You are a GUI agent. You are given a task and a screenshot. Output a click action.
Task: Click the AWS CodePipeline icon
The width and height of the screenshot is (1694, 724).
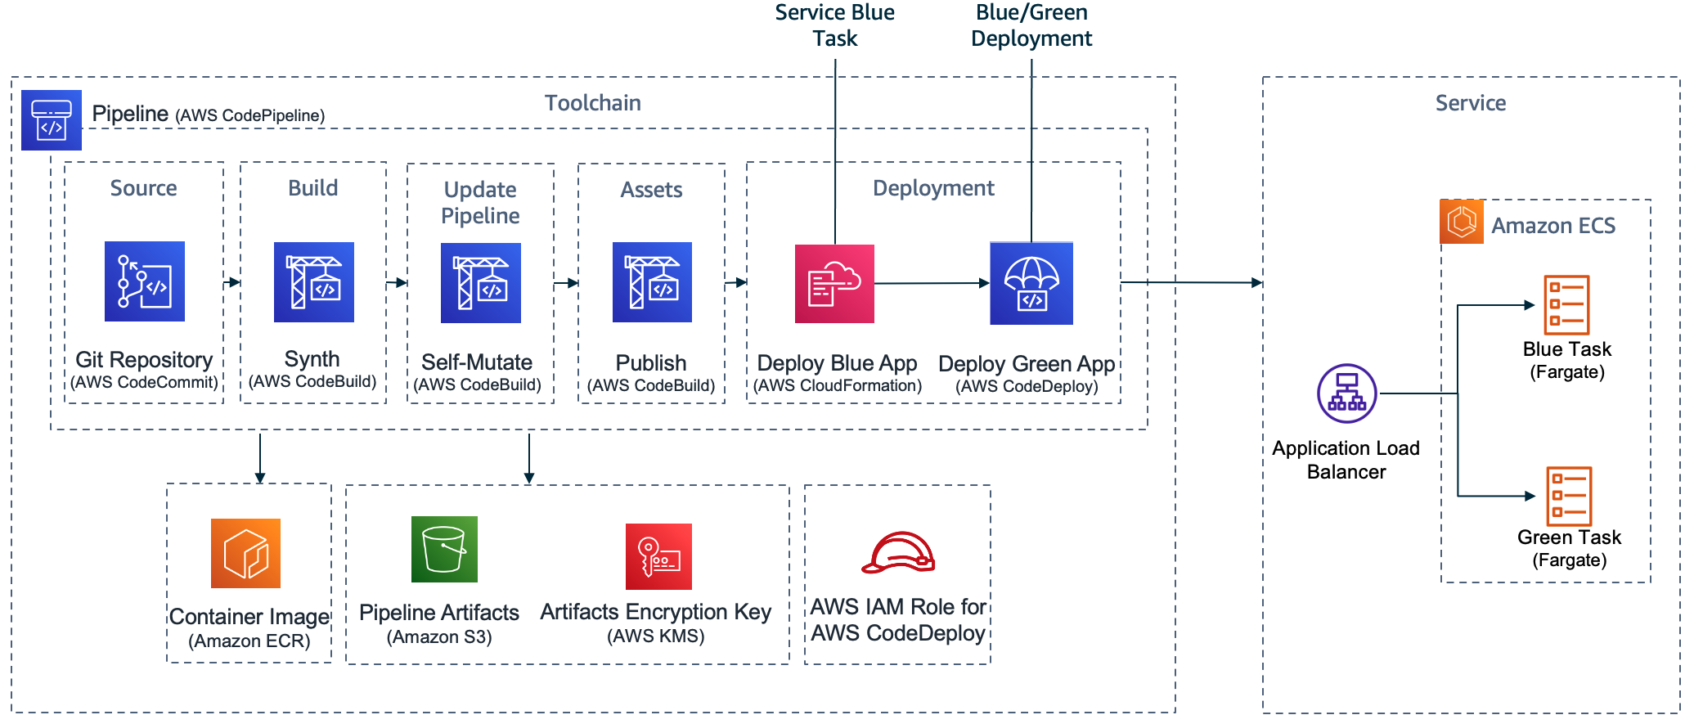pyautogui.click(x=51, y=120)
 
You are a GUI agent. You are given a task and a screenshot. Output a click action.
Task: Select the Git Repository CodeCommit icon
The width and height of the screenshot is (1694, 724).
pyautogui.click(x=145, y=281)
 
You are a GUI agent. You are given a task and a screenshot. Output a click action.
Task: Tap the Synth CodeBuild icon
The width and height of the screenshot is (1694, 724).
pyautogui.click(x=314, y=282)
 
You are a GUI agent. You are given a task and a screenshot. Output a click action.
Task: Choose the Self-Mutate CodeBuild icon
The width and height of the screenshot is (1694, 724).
pyautogui.click(x=481, y=283)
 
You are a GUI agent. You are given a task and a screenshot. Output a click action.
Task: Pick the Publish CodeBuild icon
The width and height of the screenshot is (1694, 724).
pyautogui.click(x=652, y=282)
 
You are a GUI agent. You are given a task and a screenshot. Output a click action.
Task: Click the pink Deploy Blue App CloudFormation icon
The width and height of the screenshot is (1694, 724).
pyautogui.click(x=834, y=284)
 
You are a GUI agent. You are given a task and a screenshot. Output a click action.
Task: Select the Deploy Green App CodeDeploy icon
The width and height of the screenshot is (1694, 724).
pyautogui.click(x=1031, y=284)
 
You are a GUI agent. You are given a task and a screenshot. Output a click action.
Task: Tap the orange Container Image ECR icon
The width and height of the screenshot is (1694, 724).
pyautogui.click(x=245, y=553)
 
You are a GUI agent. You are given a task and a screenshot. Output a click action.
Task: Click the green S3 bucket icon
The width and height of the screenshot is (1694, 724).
pyautogui.click(x=444, y=549)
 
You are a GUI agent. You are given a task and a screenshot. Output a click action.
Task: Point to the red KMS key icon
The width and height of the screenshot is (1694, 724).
pyautogui.click(x=658, y=556)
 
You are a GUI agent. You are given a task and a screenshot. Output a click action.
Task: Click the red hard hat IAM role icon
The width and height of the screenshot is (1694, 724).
pyautogui.click(x=898, y=553)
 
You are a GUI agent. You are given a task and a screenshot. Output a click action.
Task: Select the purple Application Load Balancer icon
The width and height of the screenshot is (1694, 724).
pyautogui.click(x=1346, y=393)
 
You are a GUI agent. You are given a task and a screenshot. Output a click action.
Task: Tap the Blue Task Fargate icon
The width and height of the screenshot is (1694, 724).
pyautogui.click(x=1566, y=304)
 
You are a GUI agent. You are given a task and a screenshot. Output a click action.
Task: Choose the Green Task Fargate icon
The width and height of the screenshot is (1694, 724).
pyautogui.click(x=1569, y=496)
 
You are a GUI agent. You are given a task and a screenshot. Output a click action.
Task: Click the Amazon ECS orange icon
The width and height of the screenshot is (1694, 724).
pyautogui.click(x=1462, y=222)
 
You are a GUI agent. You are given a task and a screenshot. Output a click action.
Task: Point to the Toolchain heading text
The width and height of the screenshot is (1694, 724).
pyautogui.click(x=592, y=103)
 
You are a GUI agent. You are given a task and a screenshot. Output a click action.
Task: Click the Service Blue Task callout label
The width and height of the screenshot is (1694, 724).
pyautogui.click(x=834, y=25)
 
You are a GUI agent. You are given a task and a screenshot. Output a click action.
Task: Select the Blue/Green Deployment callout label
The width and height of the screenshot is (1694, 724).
pyautogui.click(x=1031, y=25)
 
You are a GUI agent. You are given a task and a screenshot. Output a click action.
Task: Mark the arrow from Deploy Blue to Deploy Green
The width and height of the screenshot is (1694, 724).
pyautogui.click(x=932, y=284)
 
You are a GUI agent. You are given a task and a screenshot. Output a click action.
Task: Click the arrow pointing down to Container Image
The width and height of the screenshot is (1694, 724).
pyautogui.click(x=260, y=458)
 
